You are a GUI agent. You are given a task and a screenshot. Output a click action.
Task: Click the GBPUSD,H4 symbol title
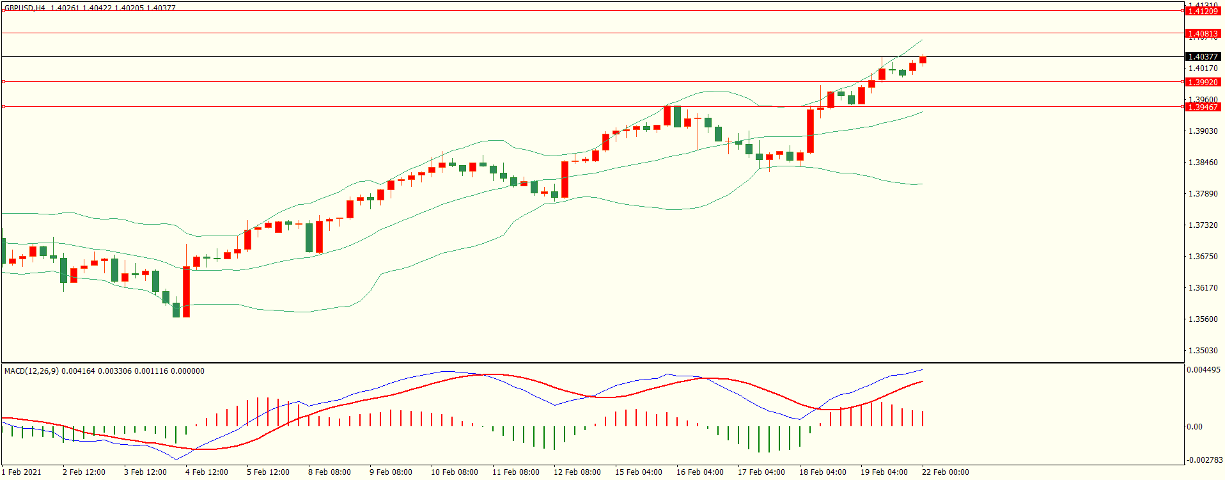[25, 8]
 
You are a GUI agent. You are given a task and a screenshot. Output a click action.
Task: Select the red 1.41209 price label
[1203, 11]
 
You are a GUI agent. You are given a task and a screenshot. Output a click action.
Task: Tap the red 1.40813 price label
[1203, 33]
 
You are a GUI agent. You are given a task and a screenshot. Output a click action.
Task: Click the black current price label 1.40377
[1203, 57]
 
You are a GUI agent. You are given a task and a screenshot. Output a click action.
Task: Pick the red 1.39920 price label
[1203, 82]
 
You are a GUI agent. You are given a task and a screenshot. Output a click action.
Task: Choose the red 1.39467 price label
[1203, 107]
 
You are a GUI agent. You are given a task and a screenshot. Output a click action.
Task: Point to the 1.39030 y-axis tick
[1203, 131]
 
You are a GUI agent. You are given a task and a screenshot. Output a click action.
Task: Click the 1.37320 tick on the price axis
[1203, 225]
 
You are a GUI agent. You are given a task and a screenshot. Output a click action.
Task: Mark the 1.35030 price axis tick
[1203, 351]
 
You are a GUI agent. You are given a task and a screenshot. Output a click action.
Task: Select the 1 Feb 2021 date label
[22, 472]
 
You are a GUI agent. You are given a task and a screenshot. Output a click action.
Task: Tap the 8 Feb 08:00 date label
[329, 472]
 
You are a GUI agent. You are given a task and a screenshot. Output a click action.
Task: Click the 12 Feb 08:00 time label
[577, 472]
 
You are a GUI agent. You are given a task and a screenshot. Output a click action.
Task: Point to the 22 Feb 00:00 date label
[946, 472]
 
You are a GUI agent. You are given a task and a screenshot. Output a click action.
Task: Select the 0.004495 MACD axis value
[1203, 370]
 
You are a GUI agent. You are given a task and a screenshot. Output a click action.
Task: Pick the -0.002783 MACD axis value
[1205, 460]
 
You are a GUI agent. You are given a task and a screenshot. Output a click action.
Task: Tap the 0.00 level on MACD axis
[1194, 427]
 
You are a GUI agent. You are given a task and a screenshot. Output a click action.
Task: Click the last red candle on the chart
[923, 60]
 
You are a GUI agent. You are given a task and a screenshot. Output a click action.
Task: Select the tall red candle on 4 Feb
[186, 292]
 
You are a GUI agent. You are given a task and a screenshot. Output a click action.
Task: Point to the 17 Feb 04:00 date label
[761, 472]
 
